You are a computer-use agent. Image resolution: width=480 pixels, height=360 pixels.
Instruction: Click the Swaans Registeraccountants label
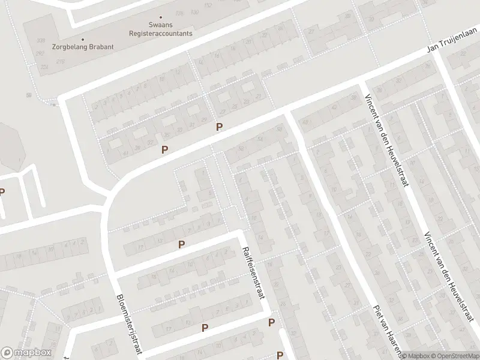pyautogui.click(x=161, y=29)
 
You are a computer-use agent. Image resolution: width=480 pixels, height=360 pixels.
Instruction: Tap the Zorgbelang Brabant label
pyautogui.click(x=82, y=46)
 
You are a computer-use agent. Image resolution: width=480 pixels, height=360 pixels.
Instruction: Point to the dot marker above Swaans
pyautogui.click(x=161, y=17)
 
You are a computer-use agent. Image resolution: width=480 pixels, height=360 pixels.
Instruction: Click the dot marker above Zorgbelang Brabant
pyautogui.click(x=82, y=39)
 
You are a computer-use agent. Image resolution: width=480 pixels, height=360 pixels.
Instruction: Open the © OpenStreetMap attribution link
pyautogui.click(x=454, y=355)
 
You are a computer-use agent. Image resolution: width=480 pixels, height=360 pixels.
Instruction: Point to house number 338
pyautogui.click(x=41, y=41)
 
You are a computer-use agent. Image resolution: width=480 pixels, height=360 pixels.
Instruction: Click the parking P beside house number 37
pyautogui.click(x=164, y=149)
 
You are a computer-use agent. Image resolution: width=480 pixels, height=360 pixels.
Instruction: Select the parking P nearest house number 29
pyautogui.click(x=220, y=127)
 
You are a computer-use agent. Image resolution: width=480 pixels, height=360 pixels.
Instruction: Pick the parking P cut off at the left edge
pyautogui.click(x=2, y=192)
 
